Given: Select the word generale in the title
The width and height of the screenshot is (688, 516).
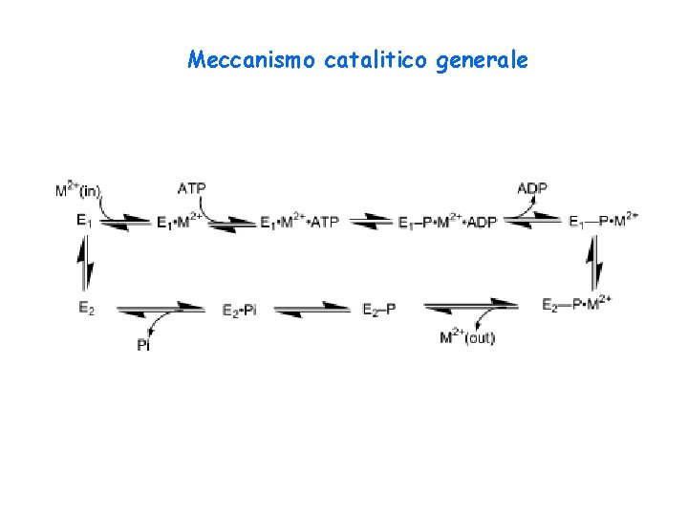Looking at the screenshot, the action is click(482, 61).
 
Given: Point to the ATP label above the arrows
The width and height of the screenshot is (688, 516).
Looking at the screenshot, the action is click(191, 188).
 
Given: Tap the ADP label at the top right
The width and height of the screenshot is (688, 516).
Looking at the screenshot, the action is click(531, 188).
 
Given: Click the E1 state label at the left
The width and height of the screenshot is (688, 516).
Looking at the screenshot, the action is click(84, 221).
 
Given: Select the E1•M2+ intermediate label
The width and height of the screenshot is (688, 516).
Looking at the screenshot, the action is click(180, 223).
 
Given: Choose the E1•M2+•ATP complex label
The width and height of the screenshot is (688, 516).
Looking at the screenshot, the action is click(299, 223).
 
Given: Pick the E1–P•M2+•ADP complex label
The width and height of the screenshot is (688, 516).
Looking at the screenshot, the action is click(446, 223).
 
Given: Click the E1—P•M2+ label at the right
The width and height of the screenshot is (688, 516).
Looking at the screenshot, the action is click(603, 222).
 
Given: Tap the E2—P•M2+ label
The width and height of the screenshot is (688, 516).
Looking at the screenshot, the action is click(576, 305).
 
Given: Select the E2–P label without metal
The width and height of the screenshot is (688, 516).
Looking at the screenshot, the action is click(379, 308).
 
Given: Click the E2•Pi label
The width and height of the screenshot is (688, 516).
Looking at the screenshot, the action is click(239, 309).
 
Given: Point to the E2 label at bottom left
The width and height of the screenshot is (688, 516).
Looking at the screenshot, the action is click(85, 308).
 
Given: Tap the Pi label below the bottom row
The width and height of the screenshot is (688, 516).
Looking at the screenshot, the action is click(143, 344).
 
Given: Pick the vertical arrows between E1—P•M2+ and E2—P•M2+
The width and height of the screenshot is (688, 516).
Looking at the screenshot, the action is click(594, 263).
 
